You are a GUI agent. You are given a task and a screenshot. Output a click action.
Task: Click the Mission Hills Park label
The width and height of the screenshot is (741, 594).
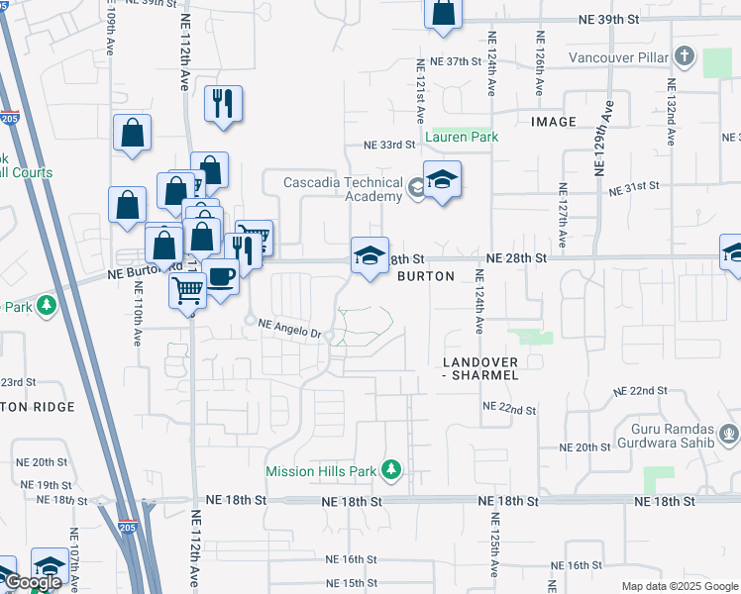tap(321, 471)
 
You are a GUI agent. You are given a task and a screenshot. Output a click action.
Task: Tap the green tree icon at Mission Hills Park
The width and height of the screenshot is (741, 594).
tap(392, 469)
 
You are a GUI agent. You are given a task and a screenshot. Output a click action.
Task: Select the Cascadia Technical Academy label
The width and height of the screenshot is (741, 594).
tap(343, 189)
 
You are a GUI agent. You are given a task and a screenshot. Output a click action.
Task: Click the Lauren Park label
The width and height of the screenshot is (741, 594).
tap(462, 138)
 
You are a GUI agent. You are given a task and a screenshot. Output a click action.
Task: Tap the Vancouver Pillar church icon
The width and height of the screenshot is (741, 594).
tap(684, 54)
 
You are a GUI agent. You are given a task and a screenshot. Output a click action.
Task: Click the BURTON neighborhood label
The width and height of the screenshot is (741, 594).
tap(425, 277)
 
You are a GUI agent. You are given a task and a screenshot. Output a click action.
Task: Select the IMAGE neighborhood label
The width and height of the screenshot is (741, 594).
tap(553, 122)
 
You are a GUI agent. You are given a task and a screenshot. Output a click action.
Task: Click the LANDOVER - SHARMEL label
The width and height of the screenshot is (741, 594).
tap(479, 369)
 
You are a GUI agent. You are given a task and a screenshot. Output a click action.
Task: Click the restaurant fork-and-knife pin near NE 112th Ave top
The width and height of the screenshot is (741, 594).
tap(223, 102)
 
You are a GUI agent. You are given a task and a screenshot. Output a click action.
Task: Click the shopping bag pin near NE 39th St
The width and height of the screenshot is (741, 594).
tap(443, 13)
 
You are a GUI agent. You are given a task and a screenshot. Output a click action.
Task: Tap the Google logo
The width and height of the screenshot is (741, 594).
tap(33, 582)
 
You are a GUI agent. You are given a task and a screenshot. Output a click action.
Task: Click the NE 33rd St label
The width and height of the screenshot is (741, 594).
tap(387, 145)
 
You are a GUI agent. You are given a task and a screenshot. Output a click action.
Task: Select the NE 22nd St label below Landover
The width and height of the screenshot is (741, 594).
tap(509, 409)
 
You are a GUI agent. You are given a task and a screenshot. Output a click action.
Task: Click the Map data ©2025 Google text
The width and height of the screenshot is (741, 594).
tap(679, 586)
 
